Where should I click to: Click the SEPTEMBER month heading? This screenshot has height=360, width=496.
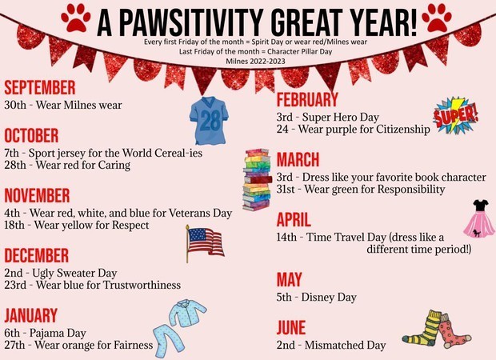click(40, 88)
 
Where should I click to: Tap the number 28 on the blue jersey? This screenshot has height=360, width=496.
click(210, 120)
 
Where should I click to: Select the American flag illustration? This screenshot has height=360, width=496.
click(205, 243)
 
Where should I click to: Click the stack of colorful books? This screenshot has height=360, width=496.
click(257, 179)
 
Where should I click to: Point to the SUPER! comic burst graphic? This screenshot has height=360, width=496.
click(455, 116)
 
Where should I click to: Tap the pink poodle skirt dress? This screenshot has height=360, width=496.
click(479, 219)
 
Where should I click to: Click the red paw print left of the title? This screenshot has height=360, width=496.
click(76, 18)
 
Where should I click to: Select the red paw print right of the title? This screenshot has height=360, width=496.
click(437, 18)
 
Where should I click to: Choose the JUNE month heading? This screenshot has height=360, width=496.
click(291, 327)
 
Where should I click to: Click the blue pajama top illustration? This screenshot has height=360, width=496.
click(188, 313)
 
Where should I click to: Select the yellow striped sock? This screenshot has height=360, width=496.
click(422, 328)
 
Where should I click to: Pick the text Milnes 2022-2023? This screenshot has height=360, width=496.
click(255, 61)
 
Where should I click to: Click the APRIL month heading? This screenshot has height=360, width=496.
click(294, 220)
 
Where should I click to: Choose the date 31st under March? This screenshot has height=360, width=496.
click(286, 189)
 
